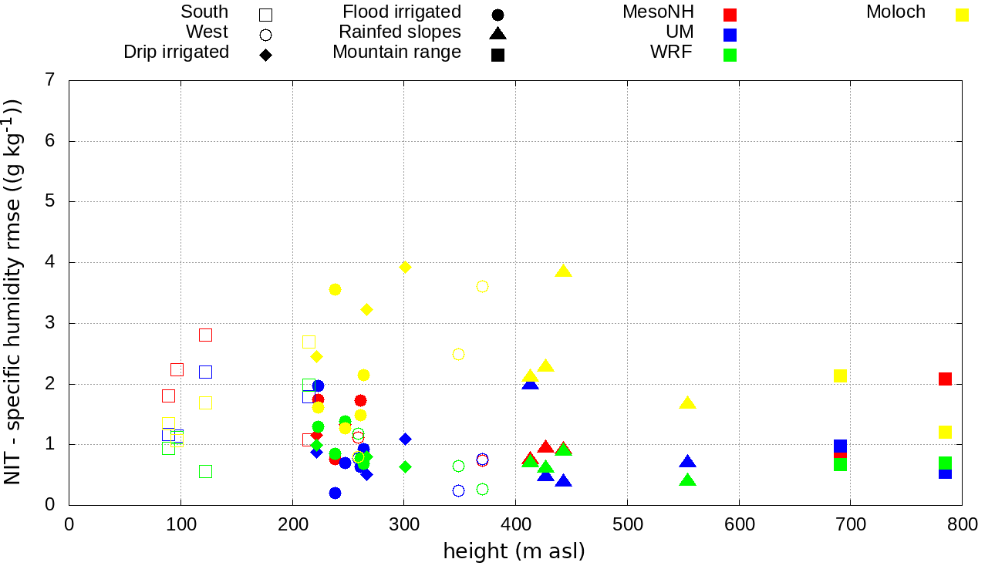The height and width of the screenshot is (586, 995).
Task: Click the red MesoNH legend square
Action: tap(730, 15)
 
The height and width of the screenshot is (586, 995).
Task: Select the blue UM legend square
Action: tap(730, 35)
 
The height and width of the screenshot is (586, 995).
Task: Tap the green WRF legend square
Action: tap(730, 55)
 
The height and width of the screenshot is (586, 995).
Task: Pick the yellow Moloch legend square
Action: tap(962, 15)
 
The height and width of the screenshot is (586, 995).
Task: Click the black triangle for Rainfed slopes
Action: tap(497, 34)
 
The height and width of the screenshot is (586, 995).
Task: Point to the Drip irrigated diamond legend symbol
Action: tap(265, 55)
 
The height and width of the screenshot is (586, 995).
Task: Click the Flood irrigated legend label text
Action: tap(402, 12)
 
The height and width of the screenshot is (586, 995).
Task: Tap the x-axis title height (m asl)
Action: tap(514, 551)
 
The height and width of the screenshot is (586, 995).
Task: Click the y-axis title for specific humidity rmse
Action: tap(14, 291)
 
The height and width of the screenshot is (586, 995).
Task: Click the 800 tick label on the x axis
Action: tap(962, 525)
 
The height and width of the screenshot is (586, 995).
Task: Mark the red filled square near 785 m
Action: tap(945, 379)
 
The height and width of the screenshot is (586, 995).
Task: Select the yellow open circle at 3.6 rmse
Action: tap(482, 286)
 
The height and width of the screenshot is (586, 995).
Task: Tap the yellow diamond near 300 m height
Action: tap(405, 267)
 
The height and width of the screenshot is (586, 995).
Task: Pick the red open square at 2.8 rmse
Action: tap(205, 335)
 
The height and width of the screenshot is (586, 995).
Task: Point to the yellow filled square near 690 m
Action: tap(840, 376)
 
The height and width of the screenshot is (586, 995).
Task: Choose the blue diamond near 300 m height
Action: tap(405, 439)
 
